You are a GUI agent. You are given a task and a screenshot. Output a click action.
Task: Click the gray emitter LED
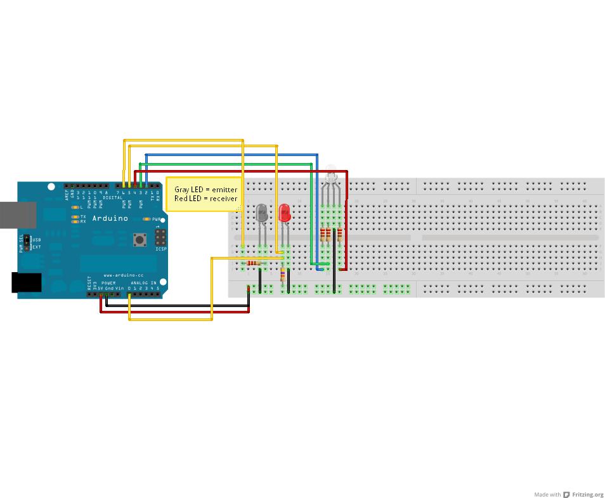[262, 213]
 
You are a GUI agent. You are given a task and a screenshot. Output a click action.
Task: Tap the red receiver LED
[285, 213]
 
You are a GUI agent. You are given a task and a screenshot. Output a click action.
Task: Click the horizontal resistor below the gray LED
[254, 263]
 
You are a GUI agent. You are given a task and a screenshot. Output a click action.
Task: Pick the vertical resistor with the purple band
[283, 274]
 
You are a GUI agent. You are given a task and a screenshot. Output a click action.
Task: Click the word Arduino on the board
[110, 218]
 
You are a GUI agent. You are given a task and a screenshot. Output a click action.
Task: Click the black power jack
[26, 282]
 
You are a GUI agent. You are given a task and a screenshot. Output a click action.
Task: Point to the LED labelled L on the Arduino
[75, 207]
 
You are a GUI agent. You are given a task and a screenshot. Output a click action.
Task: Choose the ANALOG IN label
[143, 283]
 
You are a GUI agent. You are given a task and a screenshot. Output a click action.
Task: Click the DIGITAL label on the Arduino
[112, 198]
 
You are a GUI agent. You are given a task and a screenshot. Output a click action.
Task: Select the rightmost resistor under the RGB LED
[339, 235]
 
